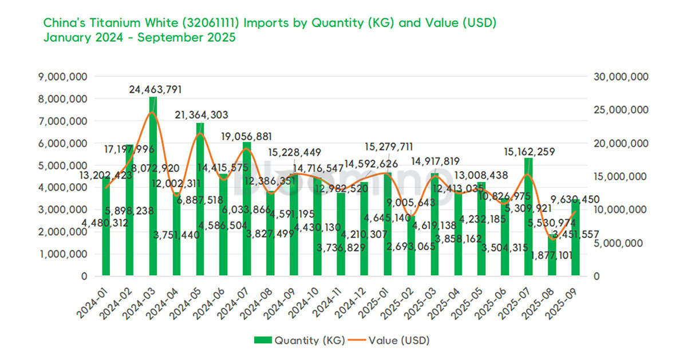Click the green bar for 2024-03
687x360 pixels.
153,189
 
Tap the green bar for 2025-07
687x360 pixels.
528,217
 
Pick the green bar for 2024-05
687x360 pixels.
200,200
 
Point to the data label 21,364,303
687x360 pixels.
201,115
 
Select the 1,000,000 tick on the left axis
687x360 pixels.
64,254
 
